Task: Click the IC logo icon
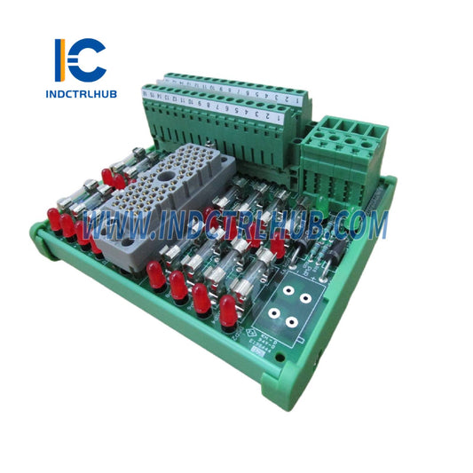click(x=80, y=59)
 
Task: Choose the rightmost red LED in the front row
click(x=228, y=311)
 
